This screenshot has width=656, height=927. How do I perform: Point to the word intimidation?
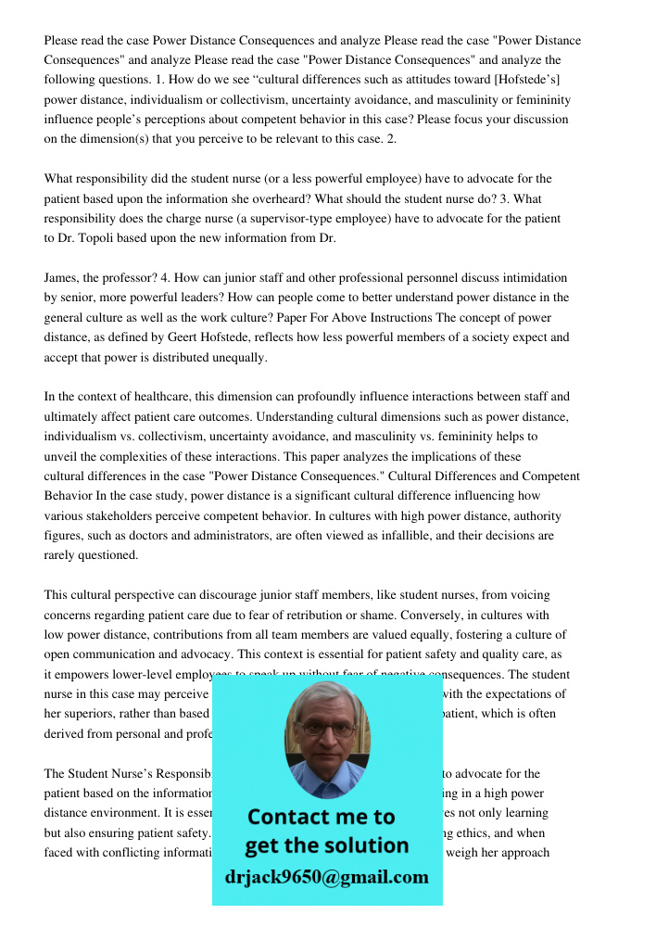[x=531, y=277]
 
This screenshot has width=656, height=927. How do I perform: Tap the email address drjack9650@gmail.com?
[x=327, y=877]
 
